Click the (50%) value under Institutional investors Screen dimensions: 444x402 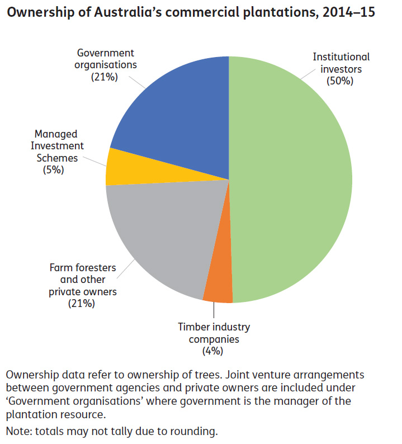point(341,82)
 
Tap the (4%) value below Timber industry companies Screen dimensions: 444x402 point(214,351)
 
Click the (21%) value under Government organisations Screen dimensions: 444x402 point(105,77)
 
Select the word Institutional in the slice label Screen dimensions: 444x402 point(341,57)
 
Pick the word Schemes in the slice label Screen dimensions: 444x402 point(55,157)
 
